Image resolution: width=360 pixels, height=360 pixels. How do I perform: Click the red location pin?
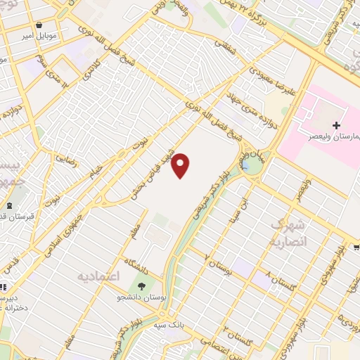[181, 165]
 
